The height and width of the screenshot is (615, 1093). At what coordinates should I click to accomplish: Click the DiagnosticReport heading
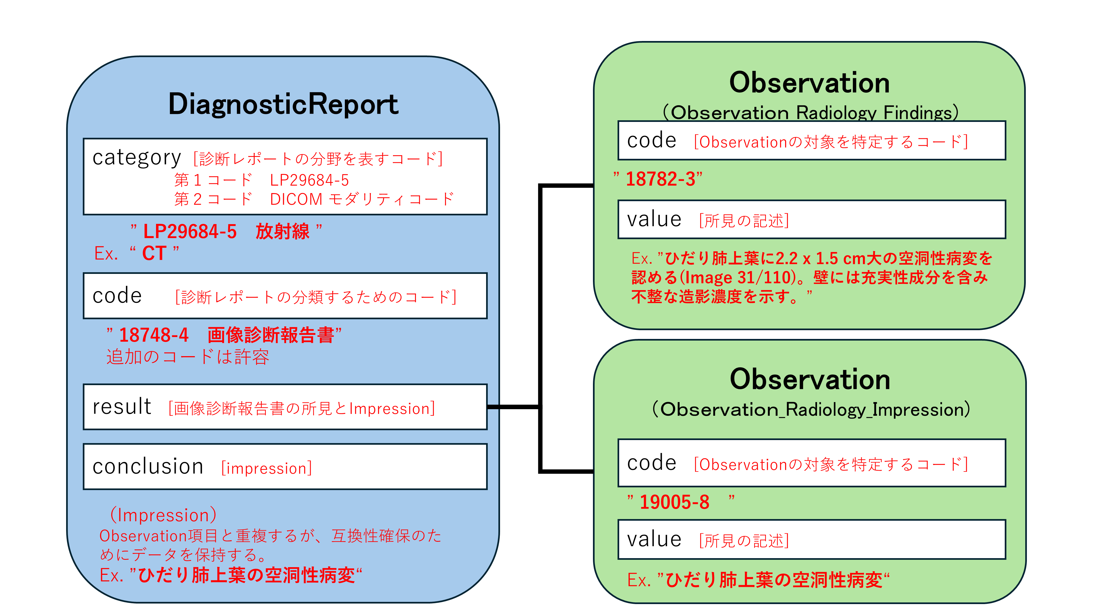click(283, 104)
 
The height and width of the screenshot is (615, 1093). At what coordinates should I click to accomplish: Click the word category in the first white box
click(137, 158)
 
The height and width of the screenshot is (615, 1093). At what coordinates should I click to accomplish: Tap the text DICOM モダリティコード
click(362, 199)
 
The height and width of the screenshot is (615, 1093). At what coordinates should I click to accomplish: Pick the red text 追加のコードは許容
click(187, 357)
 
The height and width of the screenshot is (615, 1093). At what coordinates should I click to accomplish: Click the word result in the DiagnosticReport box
click(122, 407)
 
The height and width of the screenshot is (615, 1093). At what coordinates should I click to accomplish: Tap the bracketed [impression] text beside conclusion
click(266, 468)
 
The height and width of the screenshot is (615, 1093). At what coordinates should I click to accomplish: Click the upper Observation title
click(809, 83)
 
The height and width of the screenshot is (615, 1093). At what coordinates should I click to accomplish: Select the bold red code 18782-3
click(660, 179)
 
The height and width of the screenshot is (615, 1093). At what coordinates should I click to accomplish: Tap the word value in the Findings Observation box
click(654, 220)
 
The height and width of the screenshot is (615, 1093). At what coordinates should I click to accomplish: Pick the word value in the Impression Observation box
click(654, 540)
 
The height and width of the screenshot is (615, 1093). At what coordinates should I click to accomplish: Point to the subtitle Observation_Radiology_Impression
click(810, 409)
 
